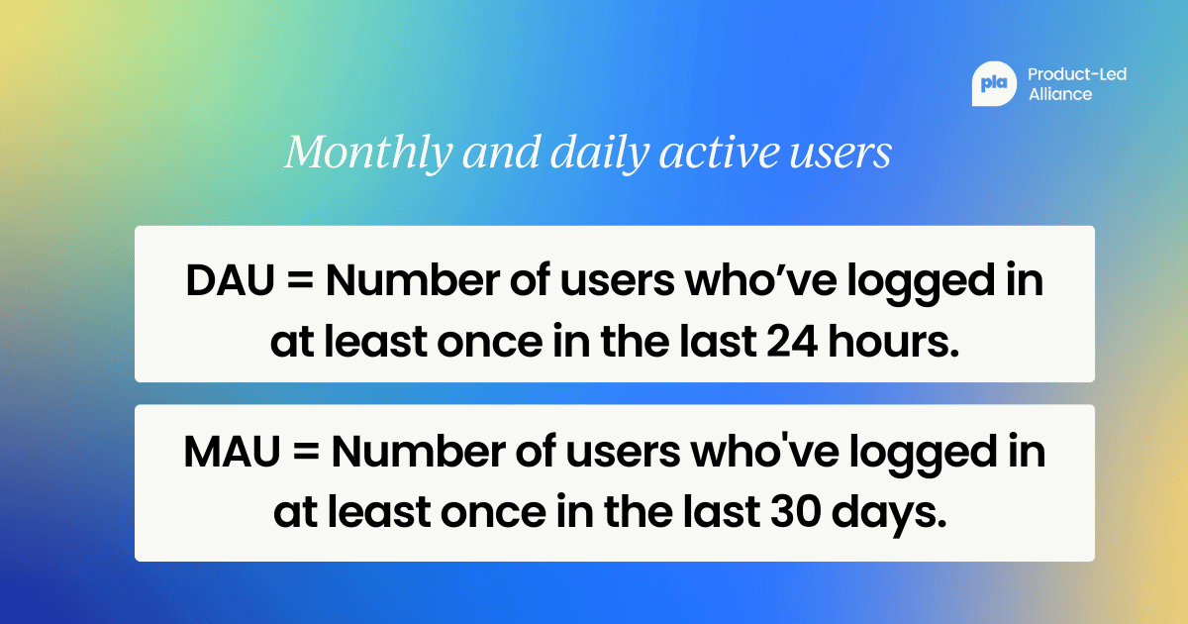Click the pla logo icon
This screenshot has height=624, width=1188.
[x=993, y=84]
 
